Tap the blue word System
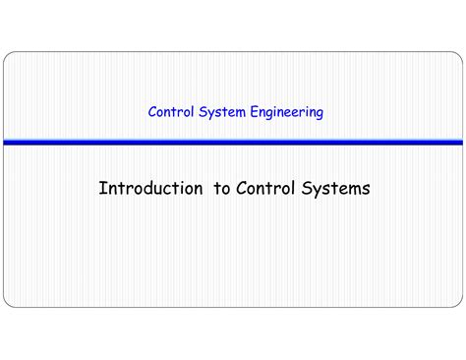[x=220, y=112]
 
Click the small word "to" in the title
[x=221, y=188]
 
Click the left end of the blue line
[x=5, y=143]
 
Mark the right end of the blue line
[x=460, y=143]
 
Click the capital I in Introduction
[x=101, y=188]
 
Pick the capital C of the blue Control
[x=152, y=112]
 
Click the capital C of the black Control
[x=241, y=188]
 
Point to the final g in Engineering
[x=319, y=114]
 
